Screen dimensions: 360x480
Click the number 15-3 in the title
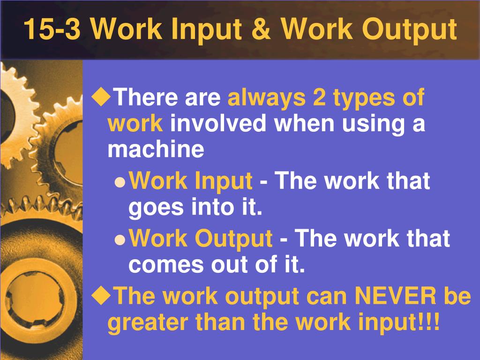click(52, 29)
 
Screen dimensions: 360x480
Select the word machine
click(156, 150)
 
